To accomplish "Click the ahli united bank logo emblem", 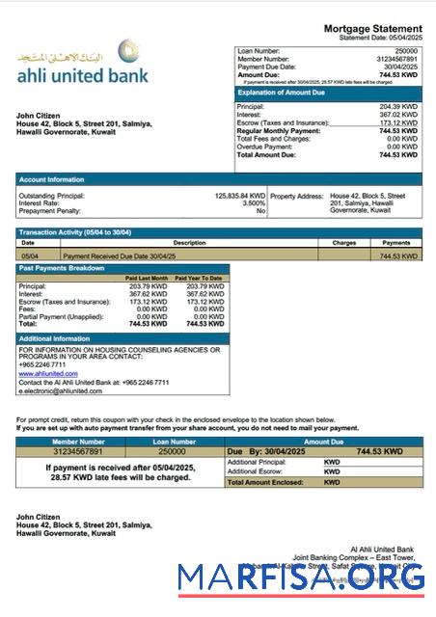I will click(128, 51).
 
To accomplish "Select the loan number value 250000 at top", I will click(406, 49).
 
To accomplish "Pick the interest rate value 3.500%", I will click(253, 203).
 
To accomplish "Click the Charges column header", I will click(344, 243).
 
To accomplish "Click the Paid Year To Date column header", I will click(203, 278).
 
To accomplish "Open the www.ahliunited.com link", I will click(47, 374).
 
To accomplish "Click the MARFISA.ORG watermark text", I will click(301, 577).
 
